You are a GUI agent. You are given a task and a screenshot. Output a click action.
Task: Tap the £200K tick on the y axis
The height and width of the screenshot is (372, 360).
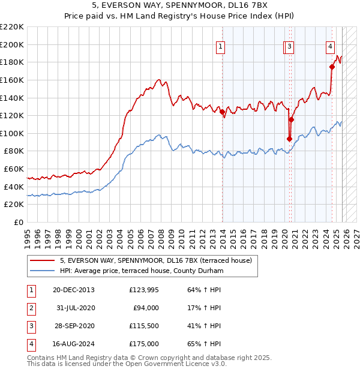coord(13,44)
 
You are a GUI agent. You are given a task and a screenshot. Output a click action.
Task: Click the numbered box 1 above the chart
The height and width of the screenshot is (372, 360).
coord(221,46)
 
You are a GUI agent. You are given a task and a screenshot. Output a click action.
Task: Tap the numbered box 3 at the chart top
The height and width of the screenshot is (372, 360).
coord(289,46)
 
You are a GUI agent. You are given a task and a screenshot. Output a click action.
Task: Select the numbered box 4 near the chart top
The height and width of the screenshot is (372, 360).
coord(330,46)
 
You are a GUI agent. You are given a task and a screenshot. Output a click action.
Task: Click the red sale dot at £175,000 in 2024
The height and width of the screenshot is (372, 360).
coord(332,67)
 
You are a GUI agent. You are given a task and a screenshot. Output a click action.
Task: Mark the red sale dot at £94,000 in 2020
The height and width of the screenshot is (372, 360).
coord(289,139)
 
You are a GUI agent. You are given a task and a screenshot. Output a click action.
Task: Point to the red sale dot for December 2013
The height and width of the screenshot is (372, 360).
coord(222,112)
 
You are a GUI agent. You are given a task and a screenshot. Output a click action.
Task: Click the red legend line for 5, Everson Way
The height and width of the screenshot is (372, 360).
coord(43,261)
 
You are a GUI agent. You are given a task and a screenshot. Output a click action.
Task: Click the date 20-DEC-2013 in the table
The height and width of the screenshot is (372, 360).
coord(74,290)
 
